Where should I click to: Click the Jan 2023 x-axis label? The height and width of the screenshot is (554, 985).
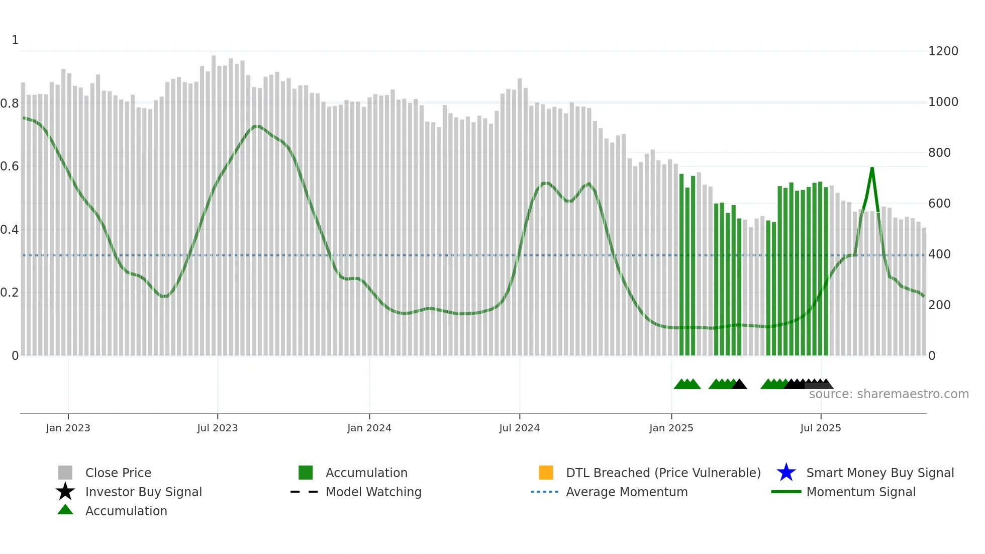(x=68, y=428)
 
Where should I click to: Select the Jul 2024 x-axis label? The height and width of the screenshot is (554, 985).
(x=519, y=428)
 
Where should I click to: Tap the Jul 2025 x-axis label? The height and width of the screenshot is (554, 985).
(x=820, y=428)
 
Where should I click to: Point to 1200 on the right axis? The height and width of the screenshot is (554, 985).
(x=943, y=51)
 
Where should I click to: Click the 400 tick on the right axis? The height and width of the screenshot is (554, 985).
(x=939, y=254)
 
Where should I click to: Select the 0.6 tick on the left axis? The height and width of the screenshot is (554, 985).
(x=10, y=166)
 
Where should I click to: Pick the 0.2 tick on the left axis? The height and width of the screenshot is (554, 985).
(x=10, y=293)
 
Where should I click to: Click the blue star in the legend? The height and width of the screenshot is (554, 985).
(x=786, y=473)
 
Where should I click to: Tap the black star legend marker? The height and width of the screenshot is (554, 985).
(x=65, y=492)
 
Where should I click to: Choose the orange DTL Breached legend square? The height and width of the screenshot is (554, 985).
(x=546, y=473)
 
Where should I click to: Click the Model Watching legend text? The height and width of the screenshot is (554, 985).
(x=373, y=492)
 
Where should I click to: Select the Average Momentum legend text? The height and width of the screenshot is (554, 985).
(x=627, y=492)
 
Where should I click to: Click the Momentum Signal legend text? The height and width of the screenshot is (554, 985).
(x=861, y=492)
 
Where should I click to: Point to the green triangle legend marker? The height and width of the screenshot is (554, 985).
(x=65, y=510)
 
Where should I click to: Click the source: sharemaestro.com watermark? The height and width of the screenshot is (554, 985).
(x=889, y=394)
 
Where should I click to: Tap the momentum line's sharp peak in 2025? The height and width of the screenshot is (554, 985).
(x=872, y=168)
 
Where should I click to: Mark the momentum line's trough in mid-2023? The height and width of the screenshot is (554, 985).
(x=164, y=297)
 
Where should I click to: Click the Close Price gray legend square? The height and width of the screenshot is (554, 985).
(x=65, y=473)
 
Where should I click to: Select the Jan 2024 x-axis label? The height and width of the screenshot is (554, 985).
(x=369, y=428)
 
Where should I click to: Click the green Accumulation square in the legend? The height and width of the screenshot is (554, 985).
(x=306, y=473)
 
